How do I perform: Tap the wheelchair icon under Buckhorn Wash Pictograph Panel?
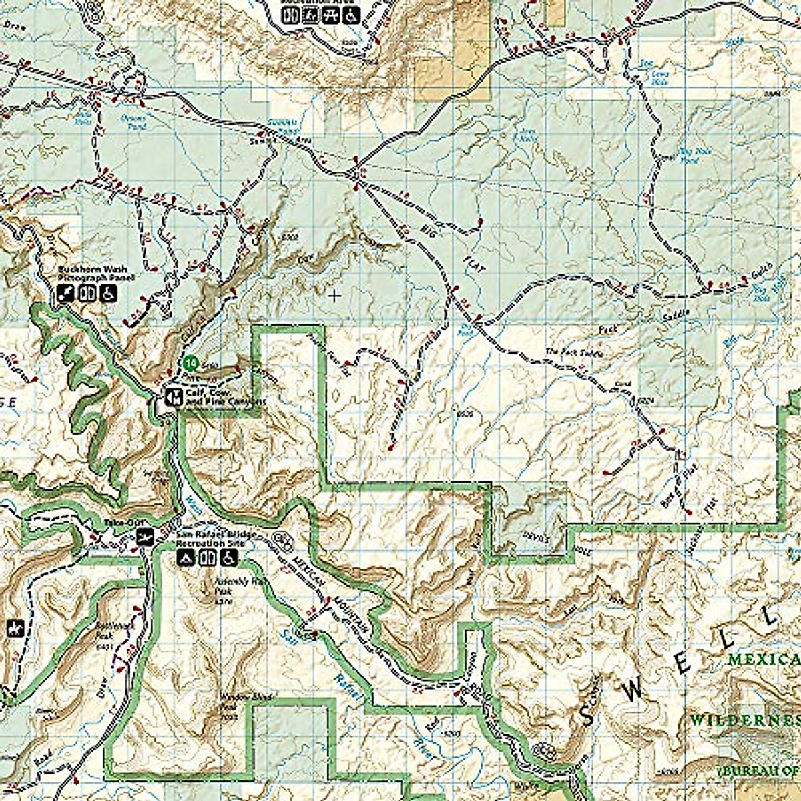click(109, 292)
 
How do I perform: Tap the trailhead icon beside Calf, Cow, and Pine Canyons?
click(172, 397)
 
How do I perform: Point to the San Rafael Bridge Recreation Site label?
click(211, 539)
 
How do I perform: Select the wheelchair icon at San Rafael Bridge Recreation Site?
click(229, 557)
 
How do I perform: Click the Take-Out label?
click(117, 524)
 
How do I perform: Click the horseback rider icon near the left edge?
click(12, 628)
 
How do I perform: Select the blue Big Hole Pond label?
click(696, 156)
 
